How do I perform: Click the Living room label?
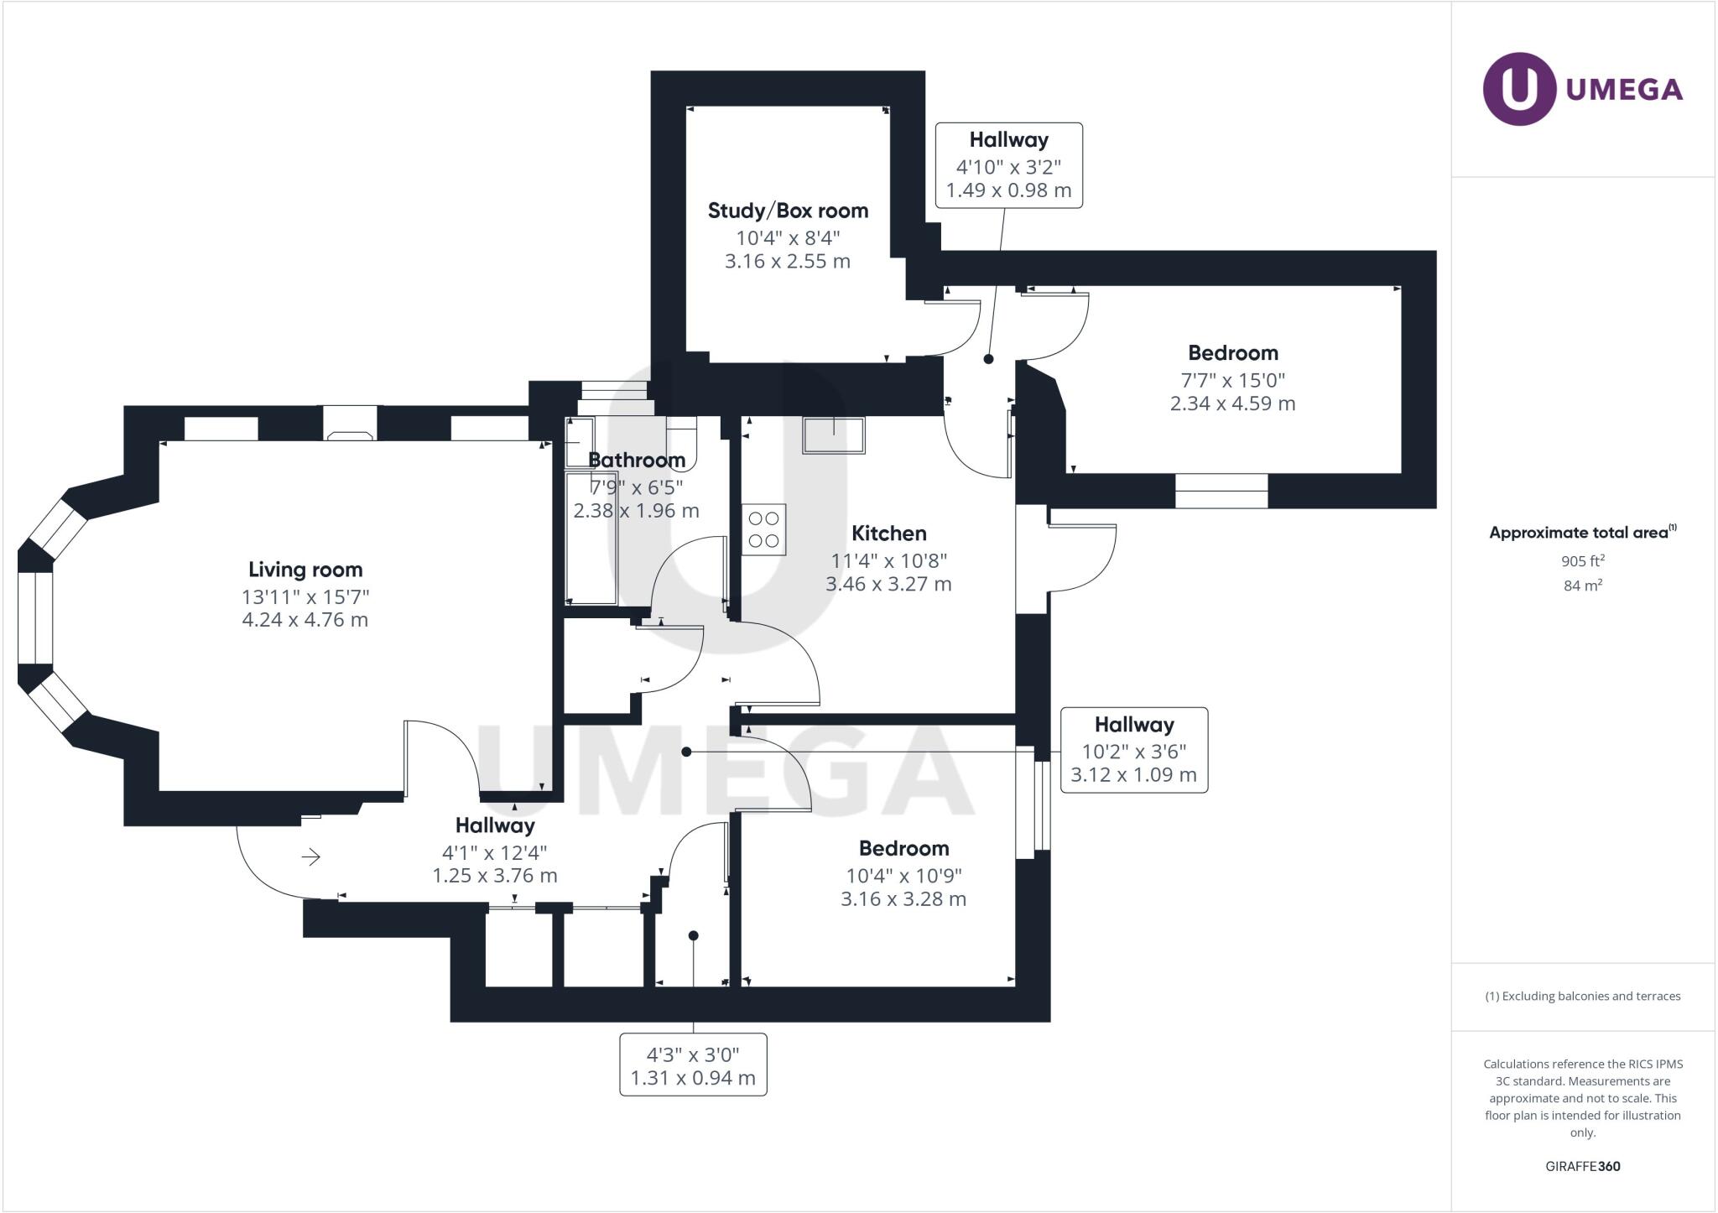(x=305, y=570)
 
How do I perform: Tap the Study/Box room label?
(x=788, y=211)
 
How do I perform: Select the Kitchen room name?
(x=888, y=534)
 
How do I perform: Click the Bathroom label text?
(x=637, y=460)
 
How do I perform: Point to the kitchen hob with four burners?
(x=763, y=529)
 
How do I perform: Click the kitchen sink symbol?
(x=834, y=435)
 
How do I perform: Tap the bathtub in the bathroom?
(x=591, y=538)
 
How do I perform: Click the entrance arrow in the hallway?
(x=311, y=856)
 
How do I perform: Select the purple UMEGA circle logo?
(x=1519, y=89)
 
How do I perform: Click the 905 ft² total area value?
(x=1582, y=561)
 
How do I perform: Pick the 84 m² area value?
(x=1582, y=586)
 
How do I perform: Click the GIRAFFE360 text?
(x=1582, y=1166)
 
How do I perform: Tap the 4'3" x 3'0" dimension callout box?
(x=693, y=1065)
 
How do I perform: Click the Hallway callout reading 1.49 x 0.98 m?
(x=1008, y=165)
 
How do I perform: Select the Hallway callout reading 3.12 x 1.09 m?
(x=1133, y=750)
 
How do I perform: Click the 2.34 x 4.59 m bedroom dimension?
(x=1232, y=403)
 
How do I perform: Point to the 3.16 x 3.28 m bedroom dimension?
(x=903, y=899)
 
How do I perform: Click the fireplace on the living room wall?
(x=351, y=424)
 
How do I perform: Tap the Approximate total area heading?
(x=1582, y=532)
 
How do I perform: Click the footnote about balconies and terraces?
(x=1582, y=997)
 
